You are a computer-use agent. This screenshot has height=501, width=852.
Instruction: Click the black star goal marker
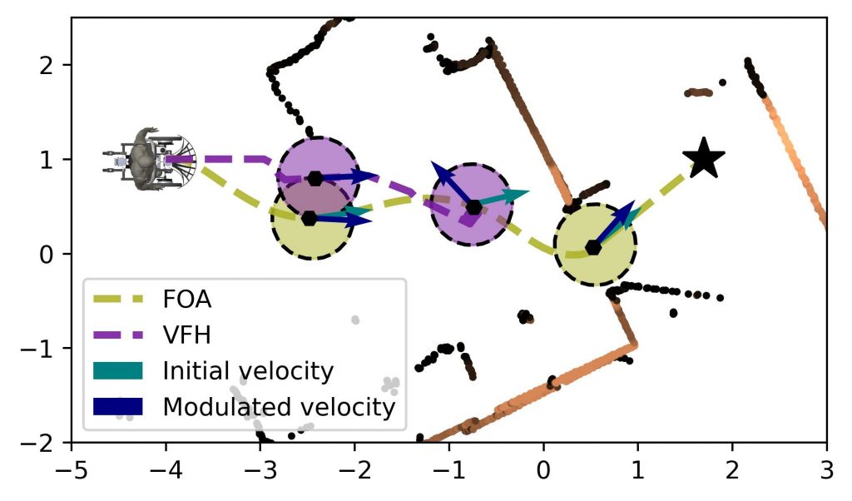(x=703, y=158)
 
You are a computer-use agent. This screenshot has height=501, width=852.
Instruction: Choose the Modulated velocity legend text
(x=278, y=406)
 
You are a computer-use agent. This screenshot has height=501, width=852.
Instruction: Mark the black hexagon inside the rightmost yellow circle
(x=593, y=247)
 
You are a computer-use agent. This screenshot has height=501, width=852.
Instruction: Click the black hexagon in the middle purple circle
(x=473, y=207)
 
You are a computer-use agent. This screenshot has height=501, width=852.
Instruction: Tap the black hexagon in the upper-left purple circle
(x=315, y=178)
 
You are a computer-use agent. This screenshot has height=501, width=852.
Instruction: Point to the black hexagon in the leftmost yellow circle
(x=310, y=218)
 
